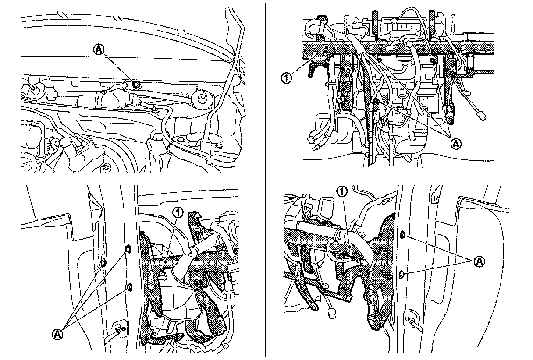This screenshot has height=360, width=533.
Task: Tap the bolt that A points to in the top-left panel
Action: click(x=136, y=84)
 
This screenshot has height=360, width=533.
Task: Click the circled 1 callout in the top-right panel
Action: click(x=286, y=78)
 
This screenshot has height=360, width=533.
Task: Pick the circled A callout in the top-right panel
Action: click(x=456, y=144)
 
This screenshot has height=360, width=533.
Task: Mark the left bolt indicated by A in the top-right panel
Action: click(x=379, y=59)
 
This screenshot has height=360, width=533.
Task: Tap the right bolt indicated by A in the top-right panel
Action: click(x=434, y=60)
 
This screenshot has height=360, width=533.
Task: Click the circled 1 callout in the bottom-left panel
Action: click(x=178, y=212)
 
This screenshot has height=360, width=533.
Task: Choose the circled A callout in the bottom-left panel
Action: click(x=57, y=334)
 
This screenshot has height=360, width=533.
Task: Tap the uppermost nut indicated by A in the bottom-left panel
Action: click(x=128, y=249)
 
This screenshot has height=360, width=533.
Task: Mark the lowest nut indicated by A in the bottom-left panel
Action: click(x=129, y=287)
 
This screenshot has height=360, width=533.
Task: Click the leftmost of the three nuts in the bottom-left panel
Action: click(x=103, y=262)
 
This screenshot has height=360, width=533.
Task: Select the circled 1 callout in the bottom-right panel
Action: click(x=342, y=191)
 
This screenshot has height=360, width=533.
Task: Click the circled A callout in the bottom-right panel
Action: click(x=479, y=261)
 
